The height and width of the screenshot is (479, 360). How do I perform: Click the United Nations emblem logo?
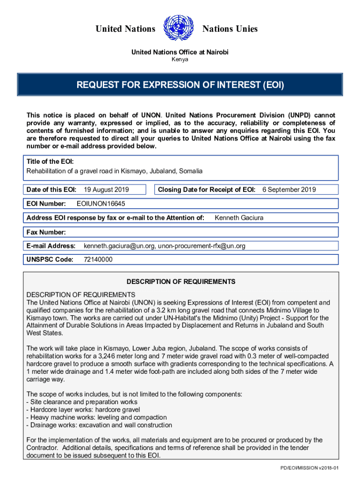pyautogui.click(x=179, y=29)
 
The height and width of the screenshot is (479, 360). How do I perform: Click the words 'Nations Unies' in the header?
pyautogui.click(x=230, y=29)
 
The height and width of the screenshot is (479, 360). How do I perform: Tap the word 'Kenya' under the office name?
pyautogui.click(x=180, y=60)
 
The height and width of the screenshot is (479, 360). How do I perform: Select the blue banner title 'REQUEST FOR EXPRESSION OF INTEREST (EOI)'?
pyautogui.click(x=180, y=86)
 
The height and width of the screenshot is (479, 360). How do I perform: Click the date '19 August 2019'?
pyautogui.click(x=106, y=189)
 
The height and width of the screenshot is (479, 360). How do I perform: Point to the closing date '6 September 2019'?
pyautogui.click(x=289, y=189)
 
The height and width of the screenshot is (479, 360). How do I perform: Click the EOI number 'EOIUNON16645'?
pyautogui.click(x=101, y=203)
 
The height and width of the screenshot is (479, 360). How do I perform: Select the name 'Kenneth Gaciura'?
pyautogui.click(x=238, y=218)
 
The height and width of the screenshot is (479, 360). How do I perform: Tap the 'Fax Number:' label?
pyautogui.click(x=46, y=232)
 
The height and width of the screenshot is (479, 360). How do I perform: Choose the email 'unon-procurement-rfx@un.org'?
pyautogui.click(x=202, y=246)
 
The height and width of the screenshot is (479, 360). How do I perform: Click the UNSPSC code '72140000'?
pyautogui.click(x=98, y=260)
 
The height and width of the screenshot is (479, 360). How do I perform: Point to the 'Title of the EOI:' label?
pyautogui.click(x=50, y=161)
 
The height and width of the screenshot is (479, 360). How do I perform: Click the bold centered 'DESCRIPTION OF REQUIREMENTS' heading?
pyautogui.click(x=181, y=282)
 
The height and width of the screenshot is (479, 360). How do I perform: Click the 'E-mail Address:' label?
pyautogui.click(x=51, y=246)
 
